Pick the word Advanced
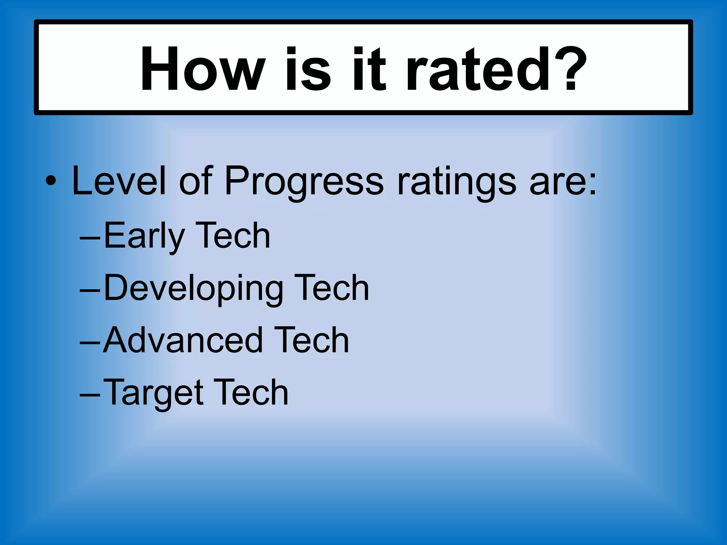183,340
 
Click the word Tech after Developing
332,288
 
